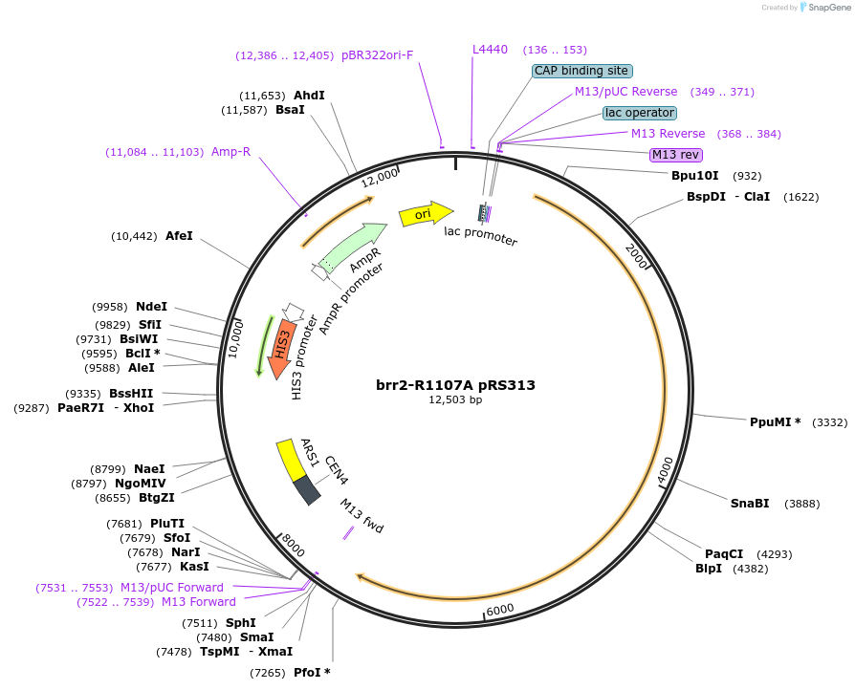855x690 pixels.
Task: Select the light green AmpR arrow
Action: coord(353,247)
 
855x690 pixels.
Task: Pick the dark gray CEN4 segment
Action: coord(307,489)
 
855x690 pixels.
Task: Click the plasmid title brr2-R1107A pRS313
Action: coord(455,385)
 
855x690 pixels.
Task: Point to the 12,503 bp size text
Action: coord(455,400)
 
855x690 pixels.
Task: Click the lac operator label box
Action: coord(639,113)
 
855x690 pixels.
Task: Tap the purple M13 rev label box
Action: coord(676,155)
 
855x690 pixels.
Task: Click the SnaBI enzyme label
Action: coord(749,504)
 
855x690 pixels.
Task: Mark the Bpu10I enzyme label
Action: coord(694,176)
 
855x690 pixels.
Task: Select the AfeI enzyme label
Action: coord(179,235)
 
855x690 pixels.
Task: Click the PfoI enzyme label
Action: coord(312,673)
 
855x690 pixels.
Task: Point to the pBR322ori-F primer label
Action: coord(377,54)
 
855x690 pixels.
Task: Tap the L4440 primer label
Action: coord(491,49)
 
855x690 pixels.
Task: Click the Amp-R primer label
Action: coord(230,151)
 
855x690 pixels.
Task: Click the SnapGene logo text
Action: coord(828,8)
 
